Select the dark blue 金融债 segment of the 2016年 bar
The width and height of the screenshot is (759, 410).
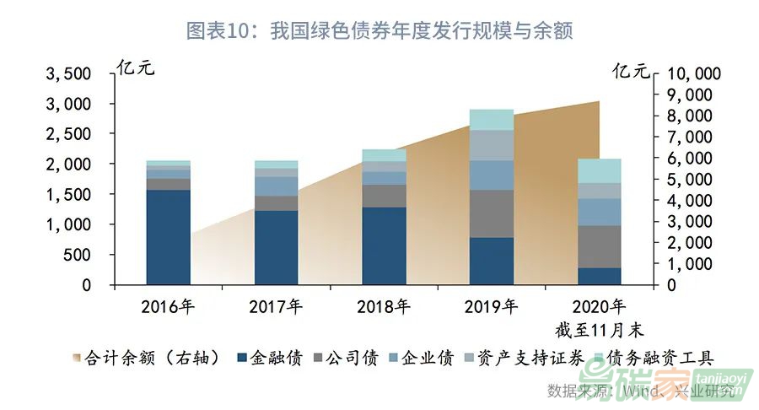(x=168, y=237)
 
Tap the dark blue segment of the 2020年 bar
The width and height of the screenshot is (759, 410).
(x=600, y=276)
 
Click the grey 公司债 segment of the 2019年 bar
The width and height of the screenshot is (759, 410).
(x=492, y=213)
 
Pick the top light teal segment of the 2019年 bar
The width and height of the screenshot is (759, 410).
(x=492, y=120)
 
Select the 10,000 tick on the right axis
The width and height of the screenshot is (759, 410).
(x=695, y=73)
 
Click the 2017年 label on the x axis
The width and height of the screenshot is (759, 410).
(x=276, y=307)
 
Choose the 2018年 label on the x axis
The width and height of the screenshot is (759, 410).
(x=384, y=307)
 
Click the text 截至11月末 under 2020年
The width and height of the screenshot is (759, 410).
(x=600, y=328)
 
